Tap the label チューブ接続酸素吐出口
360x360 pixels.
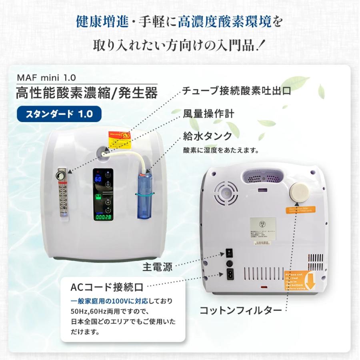[236, 91]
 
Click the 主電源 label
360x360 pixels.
[158, 267]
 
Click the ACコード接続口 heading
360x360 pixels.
[107, 287]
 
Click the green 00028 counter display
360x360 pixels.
[102, 217]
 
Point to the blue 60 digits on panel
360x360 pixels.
[98, 179]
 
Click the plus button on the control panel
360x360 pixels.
[108, 202]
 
